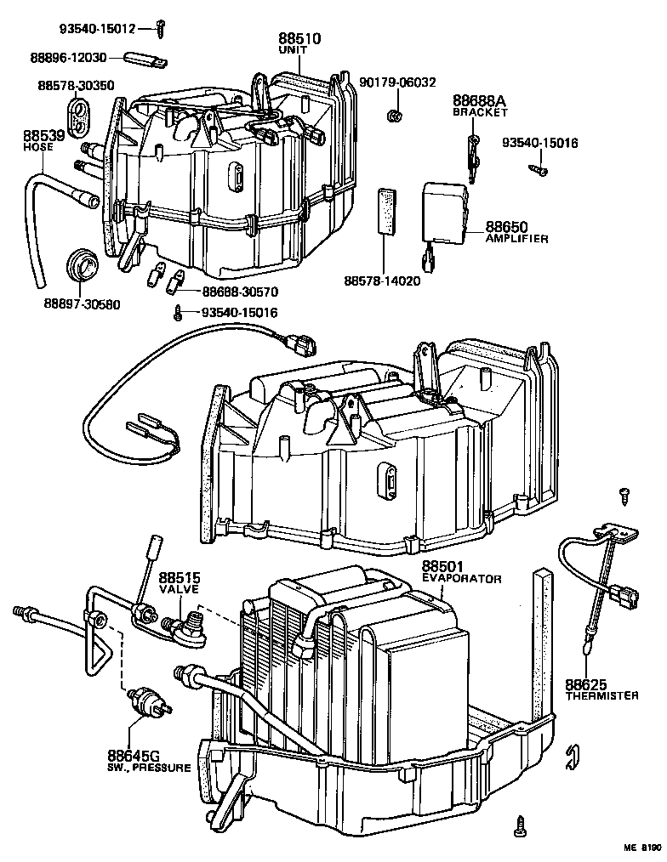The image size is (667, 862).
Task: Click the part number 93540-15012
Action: (97, 29)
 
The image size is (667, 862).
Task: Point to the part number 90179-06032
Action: (397, 82)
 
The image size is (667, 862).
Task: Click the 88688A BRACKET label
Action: (480, 106)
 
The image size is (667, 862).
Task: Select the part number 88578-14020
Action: (382, 281)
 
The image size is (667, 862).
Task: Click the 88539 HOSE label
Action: (40, 140)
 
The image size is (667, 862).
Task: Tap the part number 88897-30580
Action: (81, 303)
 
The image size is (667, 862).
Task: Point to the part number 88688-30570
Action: (240, 292)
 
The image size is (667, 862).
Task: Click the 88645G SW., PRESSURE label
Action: (148, 761)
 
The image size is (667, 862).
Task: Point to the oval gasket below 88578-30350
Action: (78, 116)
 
